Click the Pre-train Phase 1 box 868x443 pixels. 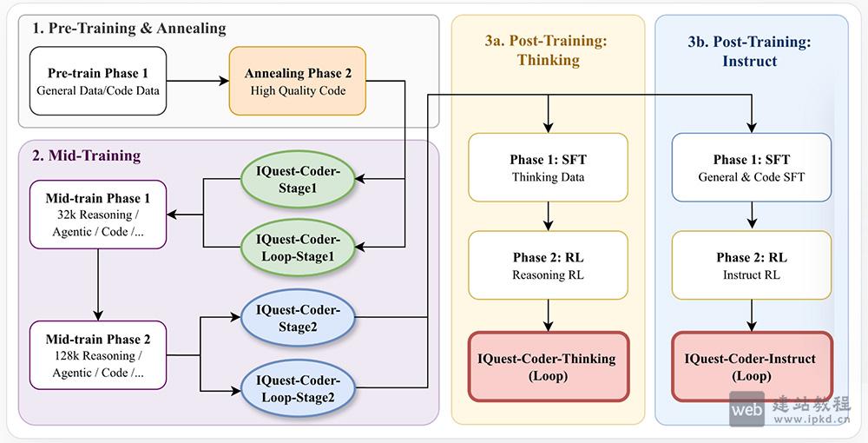pos(98,82)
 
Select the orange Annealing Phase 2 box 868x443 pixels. pos(298,82)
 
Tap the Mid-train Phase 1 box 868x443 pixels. pos(97,215)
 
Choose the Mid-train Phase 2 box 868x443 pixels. pos(97,355)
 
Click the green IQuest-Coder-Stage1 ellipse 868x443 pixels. pos(299,180)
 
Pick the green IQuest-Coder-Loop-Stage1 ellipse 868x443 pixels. pos(299,247)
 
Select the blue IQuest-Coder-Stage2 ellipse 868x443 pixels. pos(299,318)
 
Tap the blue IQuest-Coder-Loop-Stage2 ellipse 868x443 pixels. pos(299,388)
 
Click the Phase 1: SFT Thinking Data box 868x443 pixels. pos(548,168)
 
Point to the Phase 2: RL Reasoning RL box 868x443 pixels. pos(548,266)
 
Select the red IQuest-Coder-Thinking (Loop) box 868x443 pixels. pos(548,367)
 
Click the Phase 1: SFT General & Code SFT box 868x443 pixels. pos(752,168)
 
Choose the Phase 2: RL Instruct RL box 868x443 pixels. pos(752,266)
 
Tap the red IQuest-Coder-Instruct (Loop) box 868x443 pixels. pos(752,367)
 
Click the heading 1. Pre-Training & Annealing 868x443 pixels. pos(128,29)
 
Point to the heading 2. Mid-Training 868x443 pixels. pos(86,156)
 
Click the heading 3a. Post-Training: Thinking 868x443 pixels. pos(548,50)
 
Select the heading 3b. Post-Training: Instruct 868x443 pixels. pos(751,51)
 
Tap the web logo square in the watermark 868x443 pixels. pos(746,408)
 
